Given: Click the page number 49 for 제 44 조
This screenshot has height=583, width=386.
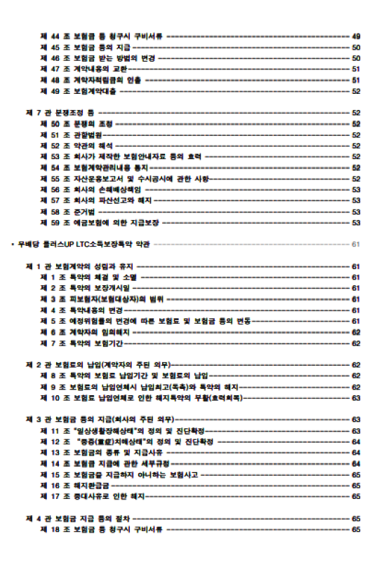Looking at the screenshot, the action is tap(356, 36).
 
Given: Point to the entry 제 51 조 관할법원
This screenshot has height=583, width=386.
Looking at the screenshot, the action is tap(70, 135).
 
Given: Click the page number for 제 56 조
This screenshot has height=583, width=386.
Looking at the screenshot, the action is tap(356, 189).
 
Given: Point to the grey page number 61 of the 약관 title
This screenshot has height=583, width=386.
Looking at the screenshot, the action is tap(356, 245).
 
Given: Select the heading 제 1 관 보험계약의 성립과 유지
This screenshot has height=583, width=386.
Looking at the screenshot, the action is tap(80, 266).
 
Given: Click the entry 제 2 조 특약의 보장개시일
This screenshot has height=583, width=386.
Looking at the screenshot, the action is tap(85, 288).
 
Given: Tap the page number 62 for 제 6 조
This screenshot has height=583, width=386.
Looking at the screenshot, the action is tap(356, 332).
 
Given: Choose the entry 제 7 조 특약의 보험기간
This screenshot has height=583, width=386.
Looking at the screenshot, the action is tap(81, 343).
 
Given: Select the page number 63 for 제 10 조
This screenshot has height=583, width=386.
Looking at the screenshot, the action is tap(356, 397).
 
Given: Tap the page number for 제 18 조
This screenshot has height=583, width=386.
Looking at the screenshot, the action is tap(356, 529).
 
